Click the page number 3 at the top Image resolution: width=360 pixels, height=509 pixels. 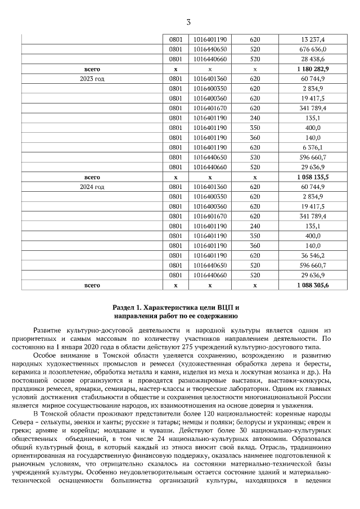coord(188,22)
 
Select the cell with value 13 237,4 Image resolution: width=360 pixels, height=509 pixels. coord(313,39)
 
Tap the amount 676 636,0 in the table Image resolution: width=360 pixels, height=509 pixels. coord(313,49)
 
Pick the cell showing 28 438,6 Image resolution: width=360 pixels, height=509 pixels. coord(313,58)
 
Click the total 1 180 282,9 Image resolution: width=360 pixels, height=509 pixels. coord(313,69)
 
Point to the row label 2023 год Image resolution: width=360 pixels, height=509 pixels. coord(92,78)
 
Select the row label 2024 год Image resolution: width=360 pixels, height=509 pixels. coord(92,186)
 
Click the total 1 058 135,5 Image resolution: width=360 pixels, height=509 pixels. coord(313,176)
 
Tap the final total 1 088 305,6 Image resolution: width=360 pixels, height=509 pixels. coord(313,285)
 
